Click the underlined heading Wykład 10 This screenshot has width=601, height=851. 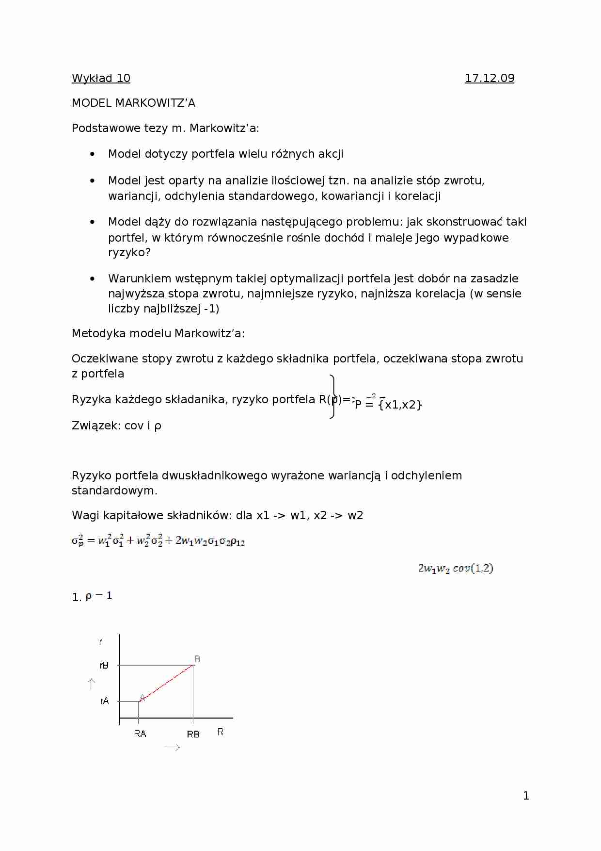point(101,78)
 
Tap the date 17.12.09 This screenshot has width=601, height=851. point(490,78)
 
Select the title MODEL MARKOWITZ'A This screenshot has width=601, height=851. point(133,103)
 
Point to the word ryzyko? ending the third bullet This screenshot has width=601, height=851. point(129,252)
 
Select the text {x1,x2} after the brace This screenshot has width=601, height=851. point(400,405)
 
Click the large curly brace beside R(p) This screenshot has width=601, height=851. point(332,396)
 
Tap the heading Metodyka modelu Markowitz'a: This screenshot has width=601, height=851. point(158,333)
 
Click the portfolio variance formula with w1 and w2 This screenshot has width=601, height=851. point(158,540)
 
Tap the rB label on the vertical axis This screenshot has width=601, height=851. point(104,665)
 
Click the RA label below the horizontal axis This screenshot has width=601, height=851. point(140,734)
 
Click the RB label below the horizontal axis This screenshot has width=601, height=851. point(193,734)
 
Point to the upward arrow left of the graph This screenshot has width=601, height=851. point(91,684)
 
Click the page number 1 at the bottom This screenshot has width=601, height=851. point(526,796)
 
